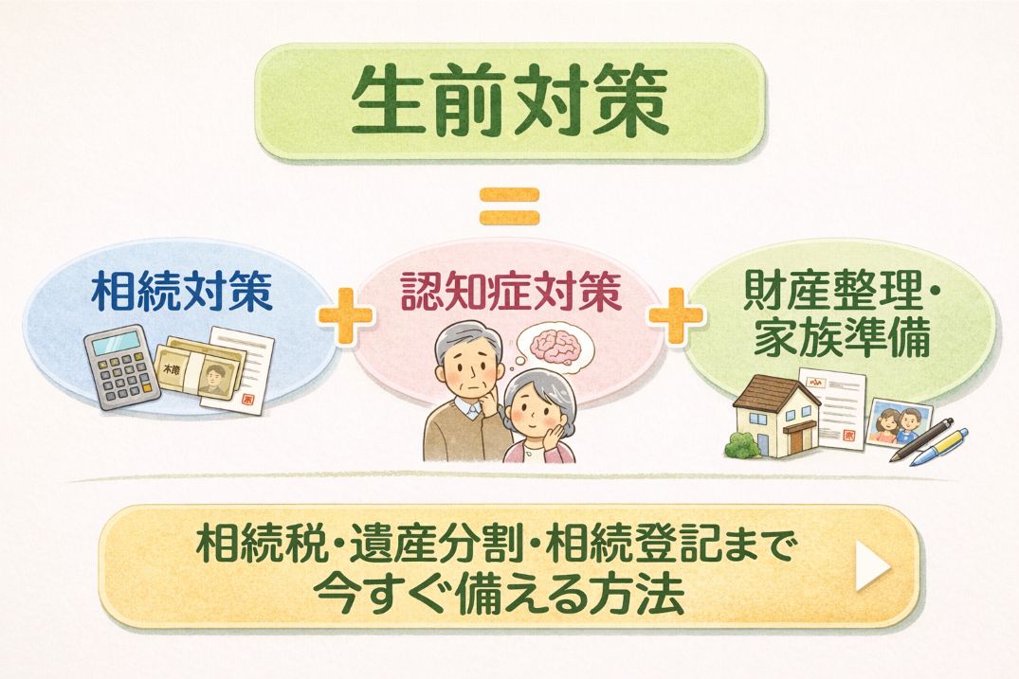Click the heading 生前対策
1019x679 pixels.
click(510, 101)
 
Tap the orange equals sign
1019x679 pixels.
click(510, 206)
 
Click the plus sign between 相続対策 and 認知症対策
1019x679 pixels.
click(345, 314)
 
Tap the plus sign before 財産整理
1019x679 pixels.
click(677, 314)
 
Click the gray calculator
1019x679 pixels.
click(121, 366)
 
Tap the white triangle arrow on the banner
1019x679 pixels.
click(872, 566)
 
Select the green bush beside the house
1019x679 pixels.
click(743, 445)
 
